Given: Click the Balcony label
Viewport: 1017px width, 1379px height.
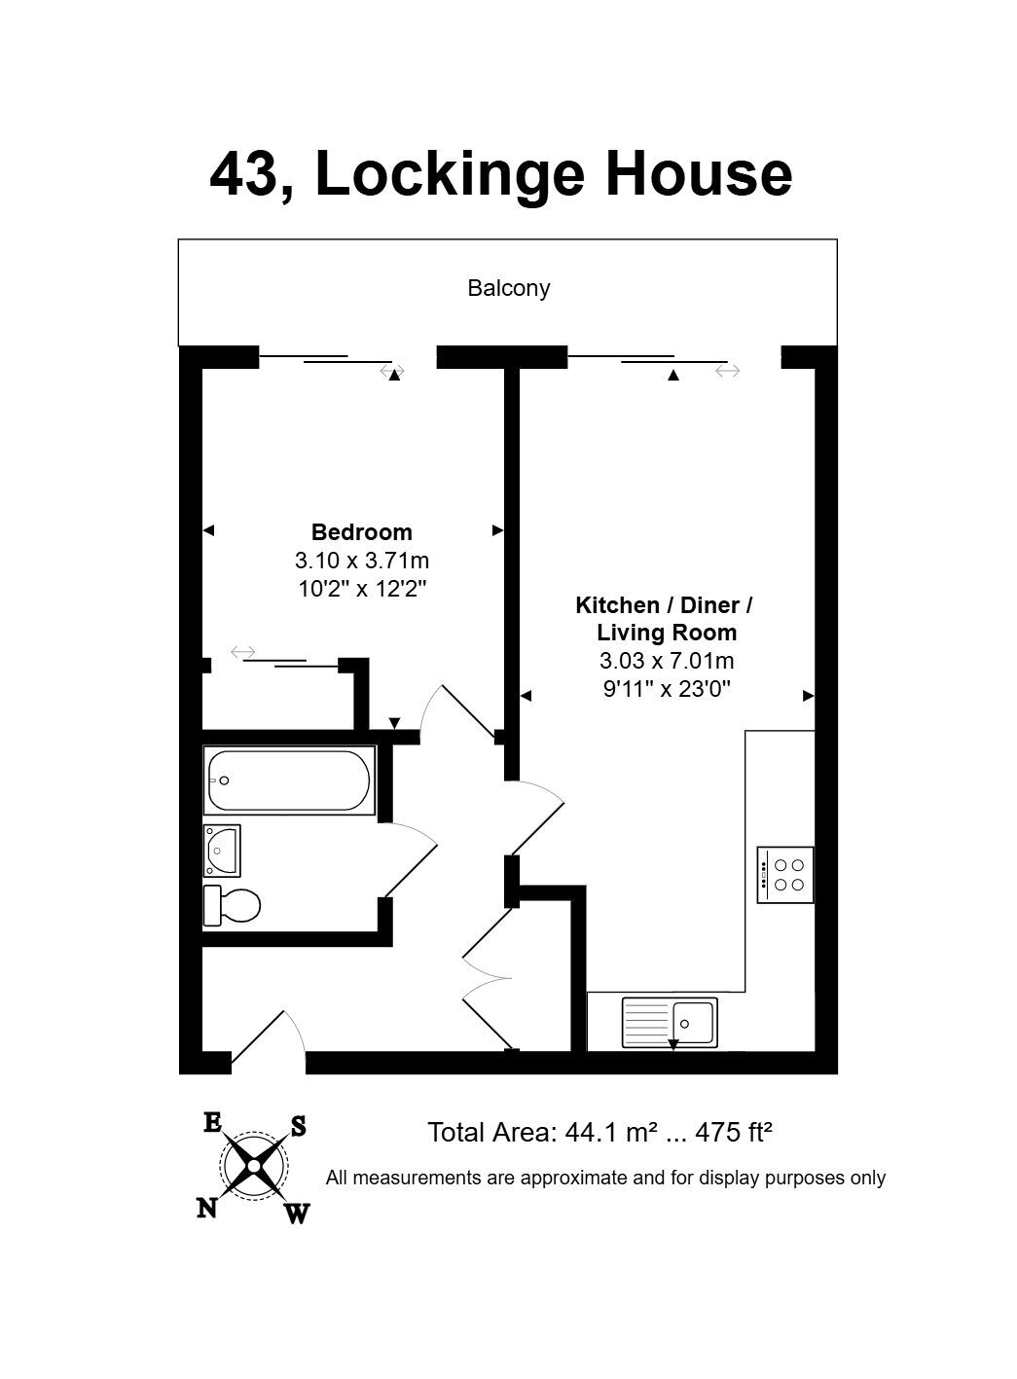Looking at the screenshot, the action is (508, 288).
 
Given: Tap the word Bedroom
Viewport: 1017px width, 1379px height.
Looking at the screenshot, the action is (361, 532).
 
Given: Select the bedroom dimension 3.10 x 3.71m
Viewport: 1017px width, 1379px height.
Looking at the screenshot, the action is (361, 561).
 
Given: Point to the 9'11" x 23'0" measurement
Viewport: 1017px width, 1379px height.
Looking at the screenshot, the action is (667, 688).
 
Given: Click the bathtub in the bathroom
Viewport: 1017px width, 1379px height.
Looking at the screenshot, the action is (289, 780).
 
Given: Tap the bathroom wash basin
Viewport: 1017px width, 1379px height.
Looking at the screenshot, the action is (222, 851).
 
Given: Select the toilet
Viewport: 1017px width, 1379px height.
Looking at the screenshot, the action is (232, 906).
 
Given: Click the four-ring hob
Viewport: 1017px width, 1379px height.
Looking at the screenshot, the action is (785, 875).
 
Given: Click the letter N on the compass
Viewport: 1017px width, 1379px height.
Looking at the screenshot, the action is (207, 1208).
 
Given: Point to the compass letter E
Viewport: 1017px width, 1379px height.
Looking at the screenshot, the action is (212, 1123).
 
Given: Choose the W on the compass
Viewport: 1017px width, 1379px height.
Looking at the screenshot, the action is (298, 1214).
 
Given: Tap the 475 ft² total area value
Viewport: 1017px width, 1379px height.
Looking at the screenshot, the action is (733, 1132).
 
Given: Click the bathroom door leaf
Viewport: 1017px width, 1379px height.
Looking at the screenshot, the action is (411, 870).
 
